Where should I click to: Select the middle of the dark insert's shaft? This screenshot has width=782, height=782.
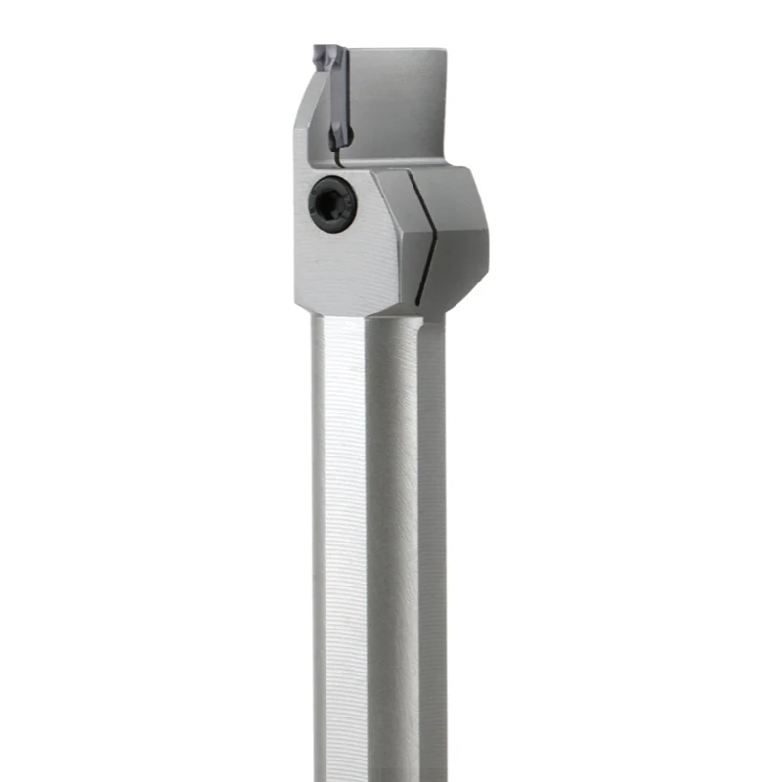point(338,103)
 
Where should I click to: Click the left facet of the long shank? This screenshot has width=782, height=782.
point(337,538)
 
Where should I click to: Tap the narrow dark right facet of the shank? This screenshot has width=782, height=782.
point(435,538)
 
